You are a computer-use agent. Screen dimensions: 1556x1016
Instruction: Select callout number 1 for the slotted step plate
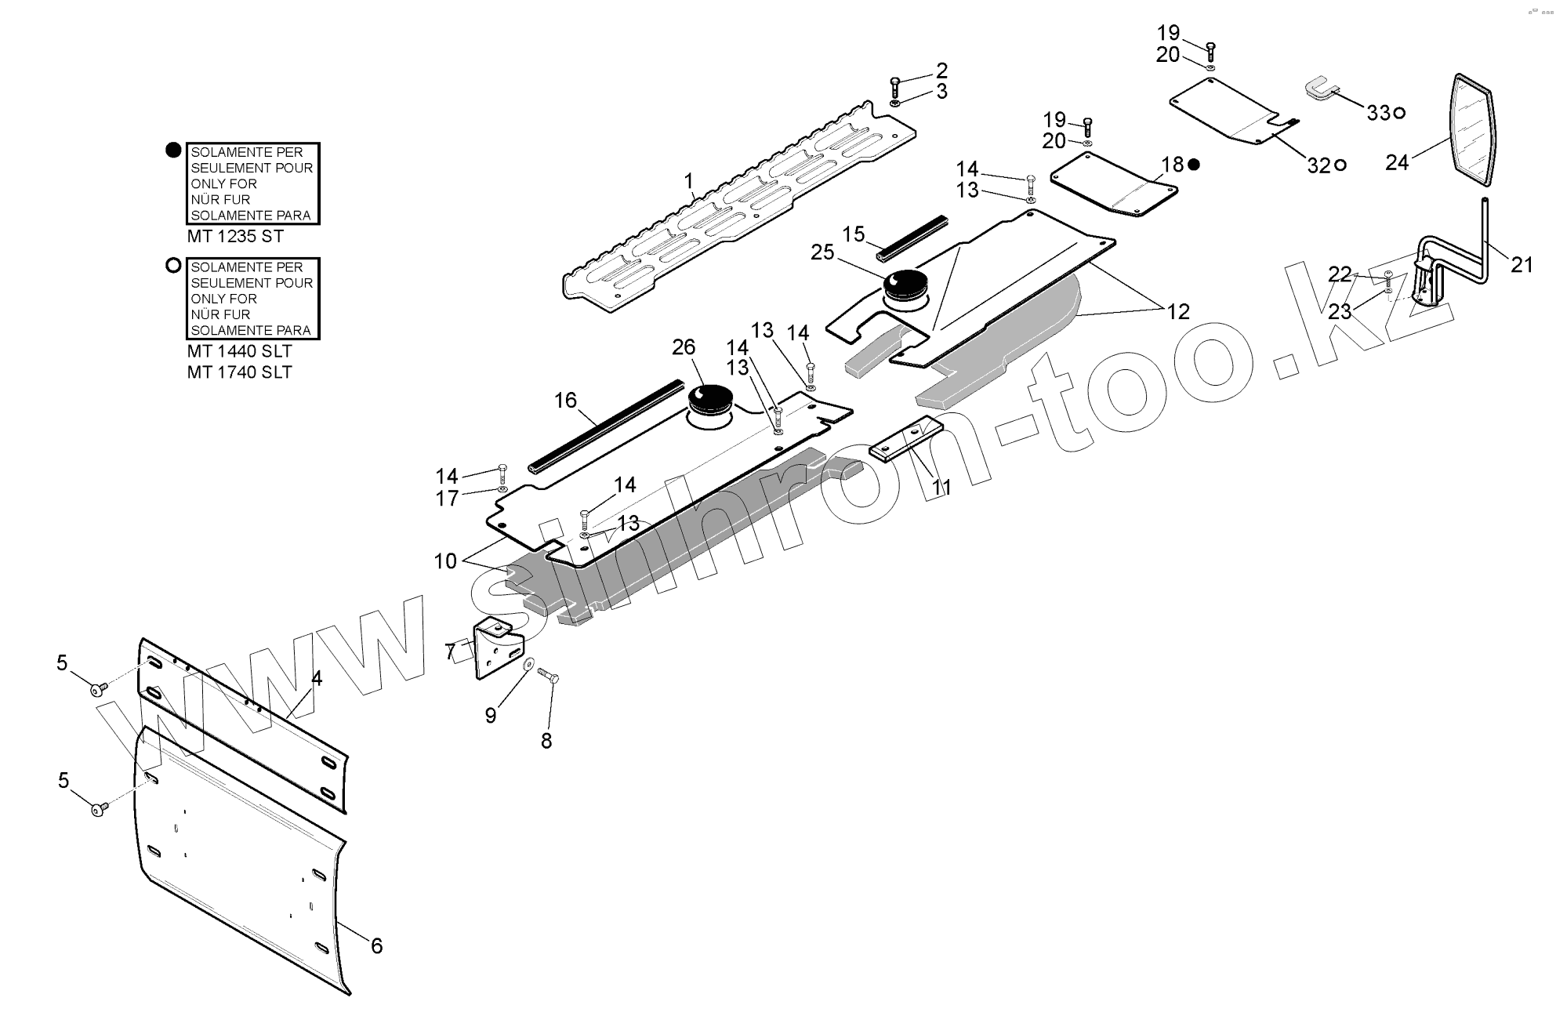[689, 182]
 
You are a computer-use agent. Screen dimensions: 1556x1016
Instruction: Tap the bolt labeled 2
[896, 85]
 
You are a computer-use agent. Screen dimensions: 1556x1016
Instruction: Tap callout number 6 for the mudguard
[376, 945]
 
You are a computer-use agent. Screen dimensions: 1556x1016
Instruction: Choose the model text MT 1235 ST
[235, 236]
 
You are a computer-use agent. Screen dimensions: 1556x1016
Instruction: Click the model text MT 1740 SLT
[239, 372]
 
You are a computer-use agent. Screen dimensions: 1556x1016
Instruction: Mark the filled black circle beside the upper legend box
[174, 151]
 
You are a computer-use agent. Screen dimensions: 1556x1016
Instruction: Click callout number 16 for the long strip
[565, 401]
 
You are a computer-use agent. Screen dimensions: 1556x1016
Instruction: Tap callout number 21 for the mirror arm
[1522, 265]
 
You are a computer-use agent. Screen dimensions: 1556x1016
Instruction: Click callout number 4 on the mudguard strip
[317, 679]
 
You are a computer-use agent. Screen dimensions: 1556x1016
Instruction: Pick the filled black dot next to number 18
[1194, 165]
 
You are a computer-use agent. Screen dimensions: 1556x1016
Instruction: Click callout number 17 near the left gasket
[447, 499]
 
